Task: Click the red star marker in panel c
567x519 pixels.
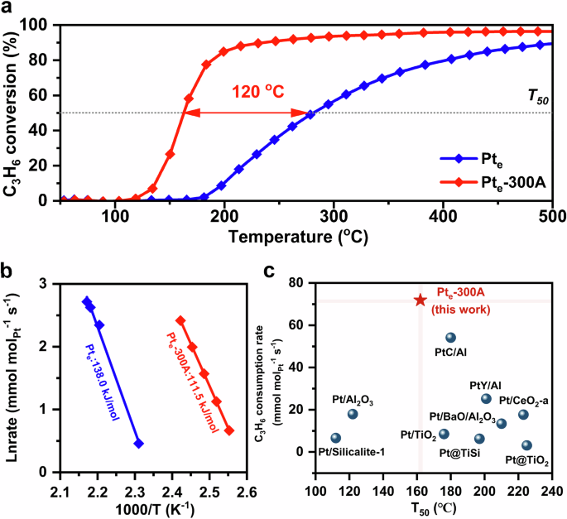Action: [420, 300]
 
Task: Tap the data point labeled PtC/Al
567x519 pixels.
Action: [451, 338]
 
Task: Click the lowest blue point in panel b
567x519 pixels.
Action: [138, 444]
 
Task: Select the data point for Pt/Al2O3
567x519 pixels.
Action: [353, 414]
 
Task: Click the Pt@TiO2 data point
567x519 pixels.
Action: [527, 445]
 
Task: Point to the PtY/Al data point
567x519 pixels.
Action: [486, 398]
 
